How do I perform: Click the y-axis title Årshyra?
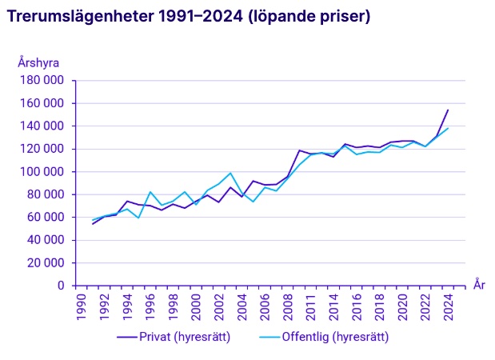click(38, 62)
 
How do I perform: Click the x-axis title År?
click(478, 285)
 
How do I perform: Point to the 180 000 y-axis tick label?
click(42, 81)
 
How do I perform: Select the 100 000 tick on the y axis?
click(42, 171)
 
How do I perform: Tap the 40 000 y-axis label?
click(45, 240)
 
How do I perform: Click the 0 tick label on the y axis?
click(61, 286)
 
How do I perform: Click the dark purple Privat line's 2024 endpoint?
click(448, 110)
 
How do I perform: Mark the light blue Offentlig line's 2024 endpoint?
click(448, 128)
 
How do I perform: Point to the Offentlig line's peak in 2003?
click(230, 173)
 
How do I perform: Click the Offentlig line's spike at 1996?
click(150, 192)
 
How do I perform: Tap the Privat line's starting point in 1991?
click(92, 224)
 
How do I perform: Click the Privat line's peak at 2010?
click(299, 150)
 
